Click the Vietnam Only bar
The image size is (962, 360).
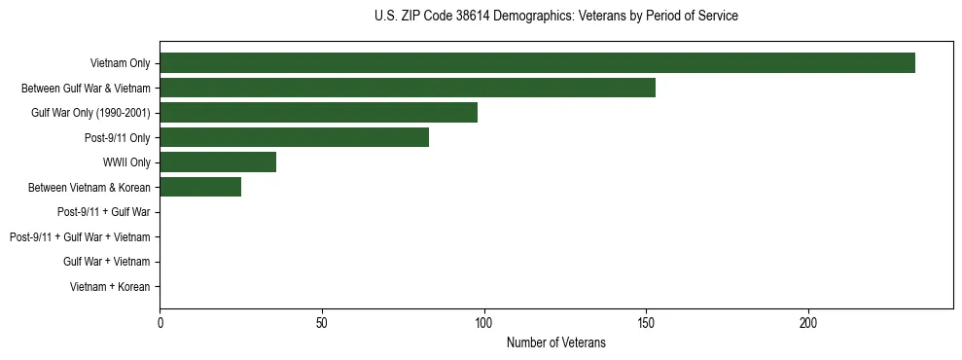click(537, 63)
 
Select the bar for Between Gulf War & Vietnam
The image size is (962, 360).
click(408, 88)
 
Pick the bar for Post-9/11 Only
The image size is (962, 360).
click(294, 137)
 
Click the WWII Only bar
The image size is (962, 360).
click(218, 162)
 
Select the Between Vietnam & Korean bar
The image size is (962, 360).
click(200, 187)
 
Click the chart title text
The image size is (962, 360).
click(555, 17)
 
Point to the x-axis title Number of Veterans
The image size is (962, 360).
click(555, 342)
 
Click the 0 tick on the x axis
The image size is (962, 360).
click(160, 322)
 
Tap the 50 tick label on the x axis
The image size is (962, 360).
click(322, 322)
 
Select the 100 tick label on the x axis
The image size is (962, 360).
click(484, 322)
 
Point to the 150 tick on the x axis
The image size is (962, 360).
click(646, 322)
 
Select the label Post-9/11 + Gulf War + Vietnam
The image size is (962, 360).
click(80, 237)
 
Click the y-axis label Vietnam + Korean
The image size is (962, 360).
click(110, 287)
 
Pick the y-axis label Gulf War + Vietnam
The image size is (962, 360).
click(107, 262)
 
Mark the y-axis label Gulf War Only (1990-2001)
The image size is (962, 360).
click(90, 113)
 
